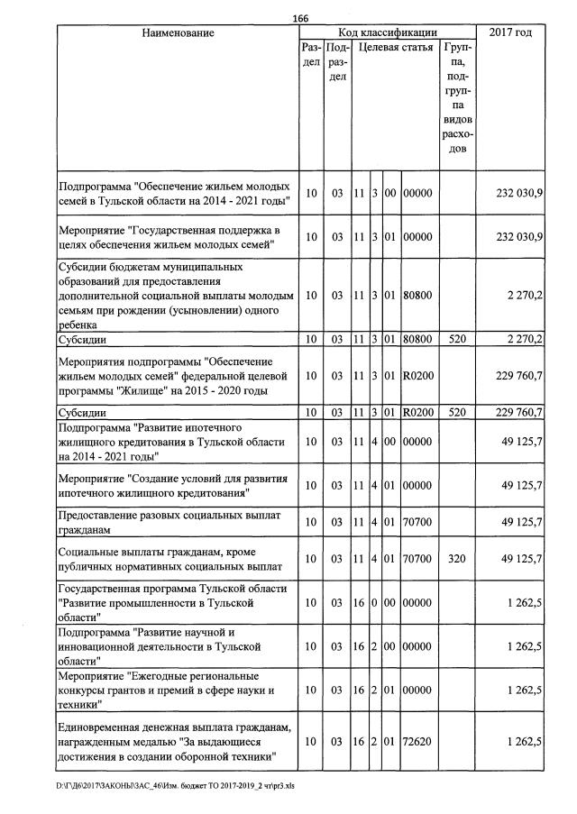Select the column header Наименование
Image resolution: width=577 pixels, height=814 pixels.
(178, 33)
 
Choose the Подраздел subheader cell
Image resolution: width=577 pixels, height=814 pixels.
(336, 63)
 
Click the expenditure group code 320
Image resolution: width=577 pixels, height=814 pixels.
(457, 559)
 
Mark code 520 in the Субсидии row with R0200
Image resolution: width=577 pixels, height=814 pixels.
(457, 412)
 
